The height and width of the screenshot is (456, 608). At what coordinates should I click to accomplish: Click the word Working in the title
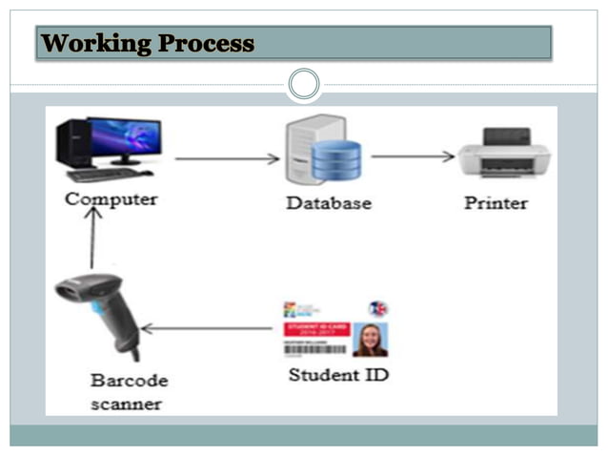click(x=96, y=44)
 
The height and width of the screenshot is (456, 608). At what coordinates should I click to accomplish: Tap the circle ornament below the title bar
click(x=304, y=84)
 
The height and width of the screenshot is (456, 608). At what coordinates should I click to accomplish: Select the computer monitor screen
click(x=124, y=137)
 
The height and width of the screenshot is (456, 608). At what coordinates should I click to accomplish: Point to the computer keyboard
click(x=107, y=175)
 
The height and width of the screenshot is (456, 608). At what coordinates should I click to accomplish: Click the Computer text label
click(x=111, y=199)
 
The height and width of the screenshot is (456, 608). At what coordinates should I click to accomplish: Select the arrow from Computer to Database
click(x=227, y=158)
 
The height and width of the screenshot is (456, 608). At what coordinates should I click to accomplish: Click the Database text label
click(x=328, y=202)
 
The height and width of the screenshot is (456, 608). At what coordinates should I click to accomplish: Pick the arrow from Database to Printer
click(x=412, y=155)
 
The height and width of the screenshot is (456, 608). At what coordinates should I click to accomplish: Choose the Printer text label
click(x=496, y=202)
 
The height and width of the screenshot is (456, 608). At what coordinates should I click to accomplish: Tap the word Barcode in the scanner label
click(x=129, y=380)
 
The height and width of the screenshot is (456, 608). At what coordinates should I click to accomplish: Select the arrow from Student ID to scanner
click(x=207, y=329)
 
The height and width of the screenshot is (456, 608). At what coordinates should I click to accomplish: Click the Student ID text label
click(x=338, y=375)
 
